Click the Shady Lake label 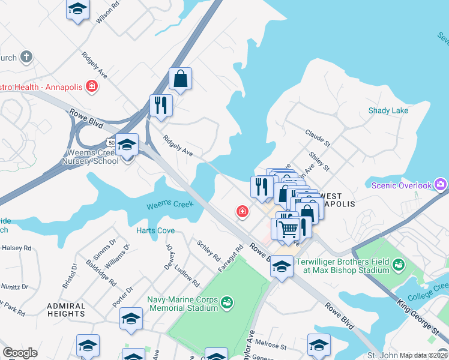point(388,110)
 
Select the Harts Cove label point(155,230)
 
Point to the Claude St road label point(318,137)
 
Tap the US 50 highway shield point(110,143)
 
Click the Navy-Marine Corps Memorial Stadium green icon point(226,301)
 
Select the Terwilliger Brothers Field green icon point(397,263)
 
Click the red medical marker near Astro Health point(92,86)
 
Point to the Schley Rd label point(209,250)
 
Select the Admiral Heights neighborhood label point(65,310)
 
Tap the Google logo point(20,353)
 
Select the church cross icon point(26,57)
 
